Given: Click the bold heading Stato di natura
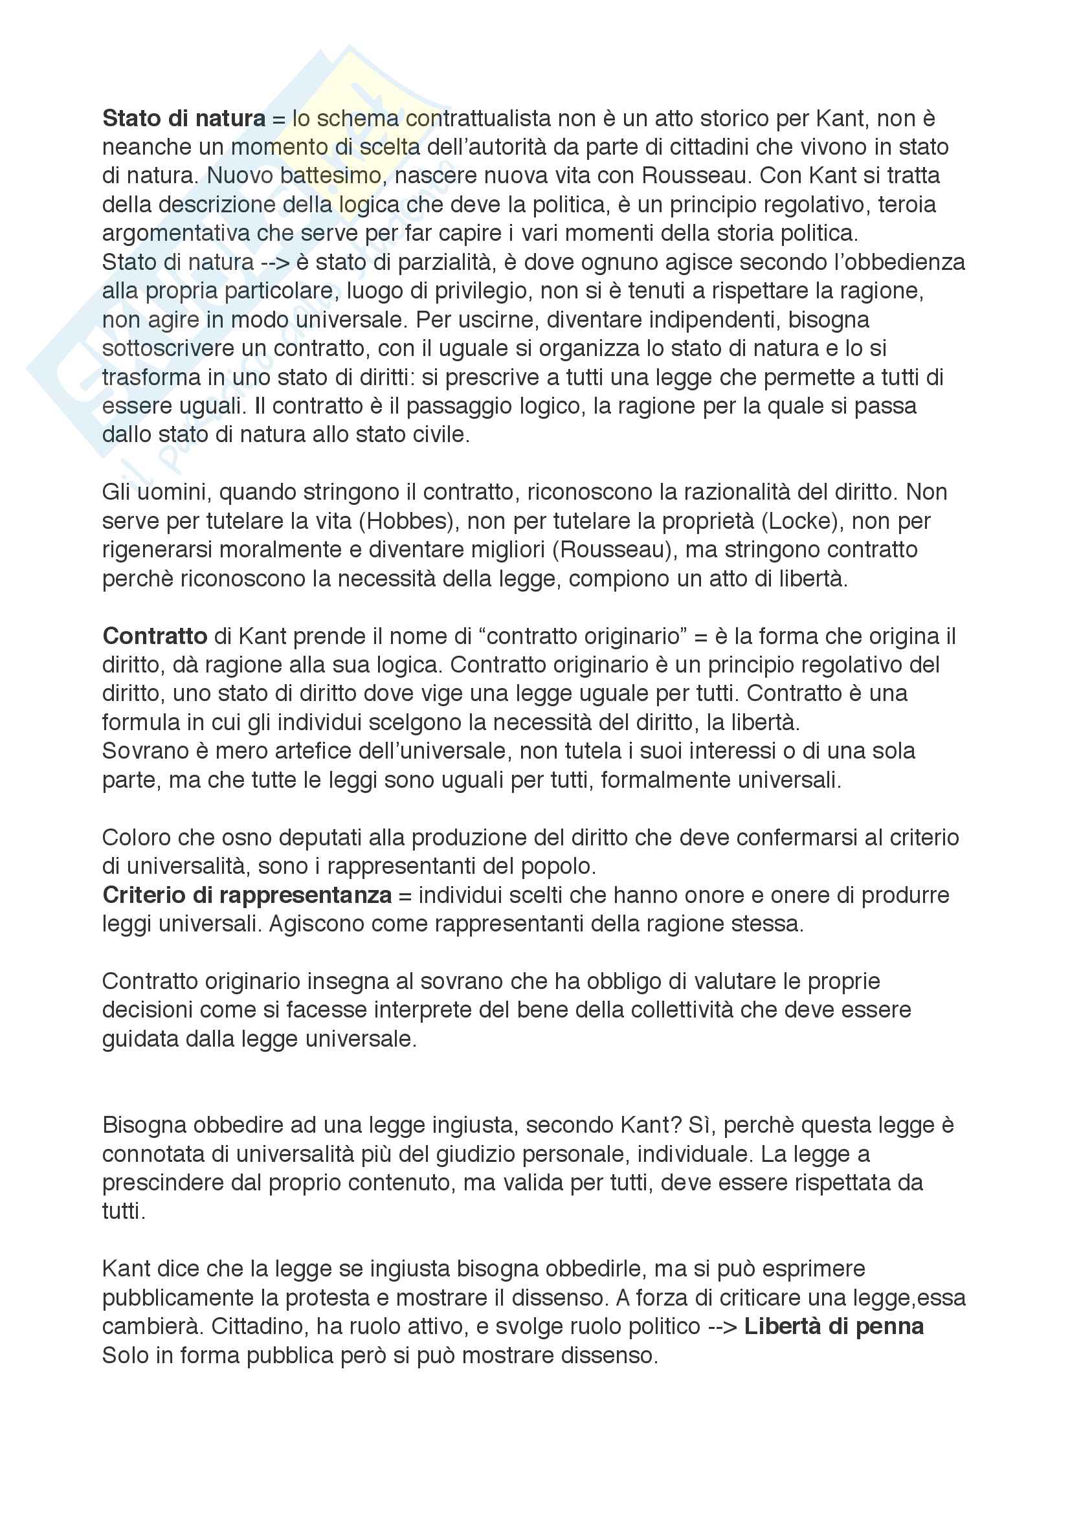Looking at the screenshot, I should pos(184,118).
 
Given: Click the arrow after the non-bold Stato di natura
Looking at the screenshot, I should pos(275,262).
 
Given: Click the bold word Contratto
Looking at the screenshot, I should pos(155,636).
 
